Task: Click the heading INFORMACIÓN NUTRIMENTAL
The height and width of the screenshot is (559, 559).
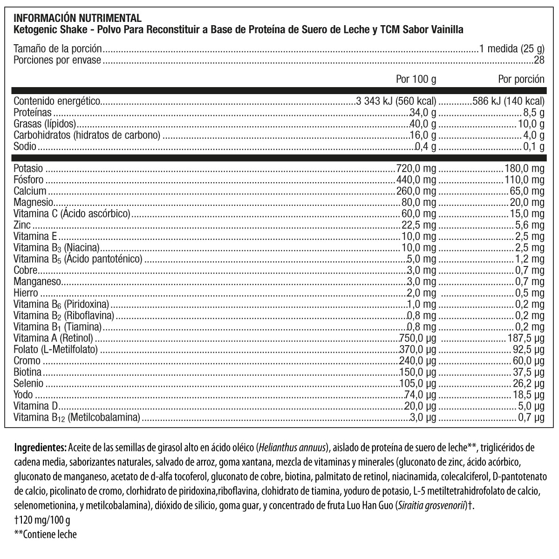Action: click(77, 18)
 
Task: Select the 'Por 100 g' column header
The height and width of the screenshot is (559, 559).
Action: click(416, 79)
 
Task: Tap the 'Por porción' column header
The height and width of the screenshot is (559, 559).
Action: click(521, 79)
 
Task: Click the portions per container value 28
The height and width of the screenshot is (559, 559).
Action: click(539, 60)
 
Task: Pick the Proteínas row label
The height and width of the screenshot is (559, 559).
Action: click(33, 112)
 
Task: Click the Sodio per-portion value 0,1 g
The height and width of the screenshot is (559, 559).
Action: click(534, 147)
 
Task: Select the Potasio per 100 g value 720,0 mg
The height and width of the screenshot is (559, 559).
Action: click(416, 168)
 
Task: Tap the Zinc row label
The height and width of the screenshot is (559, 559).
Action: click(22, 225)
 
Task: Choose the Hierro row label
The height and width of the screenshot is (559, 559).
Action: click(26, 293)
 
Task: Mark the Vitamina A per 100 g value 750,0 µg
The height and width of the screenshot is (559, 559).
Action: click(418, 338)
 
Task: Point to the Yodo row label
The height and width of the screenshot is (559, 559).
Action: click(23, 395)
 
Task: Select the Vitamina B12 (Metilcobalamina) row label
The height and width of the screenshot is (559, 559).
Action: click(77, 418)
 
